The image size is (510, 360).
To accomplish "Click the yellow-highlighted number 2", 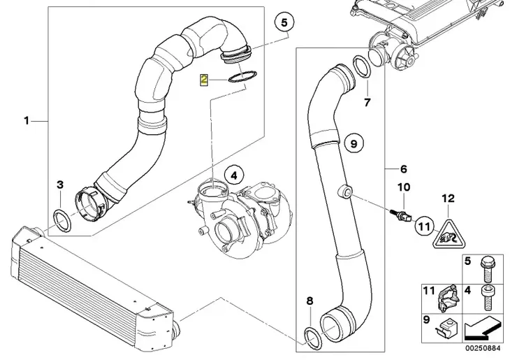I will click(203, 80).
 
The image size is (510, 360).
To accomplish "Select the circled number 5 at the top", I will click(284, 22).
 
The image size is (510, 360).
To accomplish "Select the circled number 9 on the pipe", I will click(354, 144).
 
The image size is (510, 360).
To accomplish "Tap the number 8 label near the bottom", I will click(309, 301).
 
